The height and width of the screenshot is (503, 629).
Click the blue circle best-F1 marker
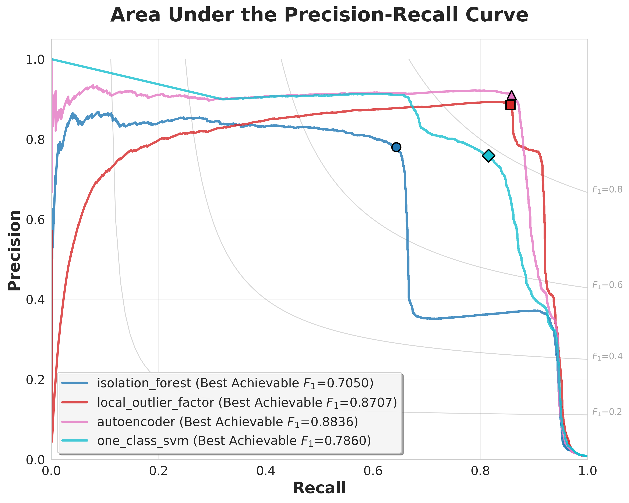(x=396, y=147)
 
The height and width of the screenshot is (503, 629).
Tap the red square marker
(x=510, y=105)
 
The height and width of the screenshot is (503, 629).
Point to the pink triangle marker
(x=511, y=95)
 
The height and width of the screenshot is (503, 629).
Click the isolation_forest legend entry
(x=235, y=383)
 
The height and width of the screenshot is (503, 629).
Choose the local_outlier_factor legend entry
(x=247, y=403)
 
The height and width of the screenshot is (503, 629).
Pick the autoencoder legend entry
(x=227, y=422)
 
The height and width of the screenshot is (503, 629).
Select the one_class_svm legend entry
(x=234, y=441)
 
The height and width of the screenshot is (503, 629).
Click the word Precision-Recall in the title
(x=372, y=15)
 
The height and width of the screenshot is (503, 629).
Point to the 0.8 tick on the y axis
(x=35, y=139)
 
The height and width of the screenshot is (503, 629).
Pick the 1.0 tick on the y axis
(x=35, y=60)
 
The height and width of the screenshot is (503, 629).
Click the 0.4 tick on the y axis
(x=35, y=300)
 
